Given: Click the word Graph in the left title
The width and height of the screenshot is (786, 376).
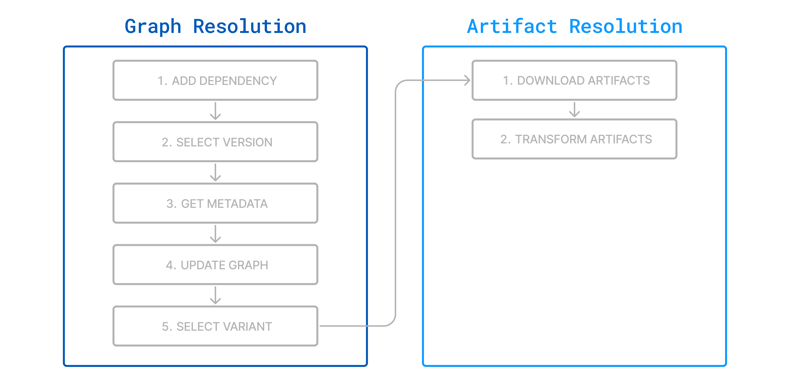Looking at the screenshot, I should pos(153,27).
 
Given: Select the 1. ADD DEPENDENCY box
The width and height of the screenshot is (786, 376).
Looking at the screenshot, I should pos(215,80).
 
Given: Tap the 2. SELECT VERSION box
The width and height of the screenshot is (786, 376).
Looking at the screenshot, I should pos(215,142).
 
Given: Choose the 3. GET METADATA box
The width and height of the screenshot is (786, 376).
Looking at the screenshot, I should pos(215,203).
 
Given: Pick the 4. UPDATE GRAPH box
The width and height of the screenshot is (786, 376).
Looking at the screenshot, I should pos(215,265).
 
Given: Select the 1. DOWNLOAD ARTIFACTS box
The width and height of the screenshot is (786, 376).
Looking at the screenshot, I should pos(574,80).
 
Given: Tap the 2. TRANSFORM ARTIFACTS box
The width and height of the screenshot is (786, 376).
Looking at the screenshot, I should pos(574,139).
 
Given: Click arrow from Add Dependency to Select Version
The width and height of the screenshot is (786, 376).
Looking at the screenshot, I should pos(215,111).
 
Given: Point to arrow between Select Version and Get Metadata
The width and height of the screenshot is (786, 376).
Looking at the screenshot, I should pos(215,173).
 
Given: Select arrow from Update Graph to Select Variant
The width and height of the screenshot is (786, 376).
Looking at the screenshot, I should pos(215,295).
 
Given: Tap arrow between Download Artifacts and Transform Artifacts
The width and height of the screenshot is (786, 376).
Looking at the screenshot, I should pos(574,110).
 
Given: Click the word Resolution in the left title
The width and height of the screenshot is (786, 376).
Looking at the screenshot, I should pos(250,27).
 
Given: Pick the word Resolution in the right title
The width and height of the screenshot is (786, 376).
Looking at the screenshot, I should pos(626,27).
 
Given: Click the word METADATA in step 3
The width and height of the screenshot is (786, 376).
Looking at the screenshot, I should pos(237,203).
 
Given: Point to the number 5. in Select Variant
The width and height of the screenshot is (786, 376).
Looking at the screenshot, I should pos(167,327).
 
